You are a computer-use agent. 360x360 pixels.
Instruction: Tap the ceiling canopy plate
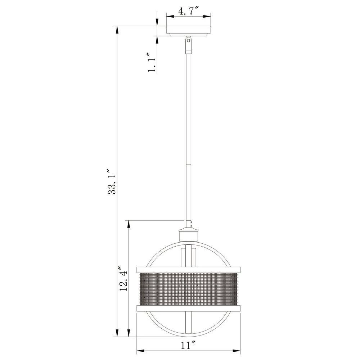[188, 31]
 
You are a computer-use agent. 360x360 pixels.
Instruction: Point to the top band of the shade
[188, 269]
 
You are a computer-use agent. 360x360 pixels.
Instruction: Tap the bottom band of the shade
[188, 309]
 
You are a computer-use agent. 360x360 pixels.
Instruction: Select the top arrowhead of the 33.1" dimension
[116, 29]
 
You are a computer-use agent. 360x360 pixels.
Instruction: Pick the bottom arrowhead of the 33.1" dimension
[116, 334]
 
